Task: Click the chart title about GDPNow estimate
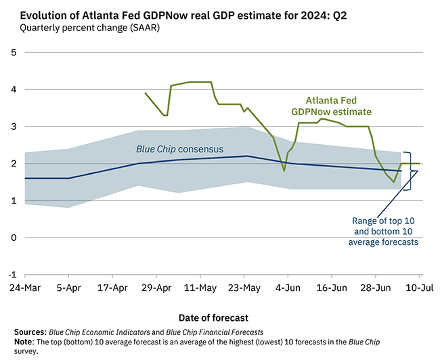click(x=183, y=15)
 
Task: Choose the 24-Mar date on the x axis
click(x=24, y=287)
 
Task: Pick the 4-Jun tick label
click(x=288, y=287)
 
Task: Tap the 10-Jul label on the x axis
click(x=419, y=287)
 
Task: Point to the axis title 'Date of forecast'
click(x=213, y=317)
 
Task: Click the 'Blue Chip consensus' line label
click(x=177, y=149)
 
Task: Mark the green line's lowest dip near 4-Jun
click(x=284, y=171)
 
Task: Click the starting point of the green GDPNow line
click(x=145, y=93)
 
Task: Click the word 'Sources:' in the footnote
click(x=31, y=332)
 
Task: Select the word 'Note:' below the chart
click(x=25, y=342)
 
